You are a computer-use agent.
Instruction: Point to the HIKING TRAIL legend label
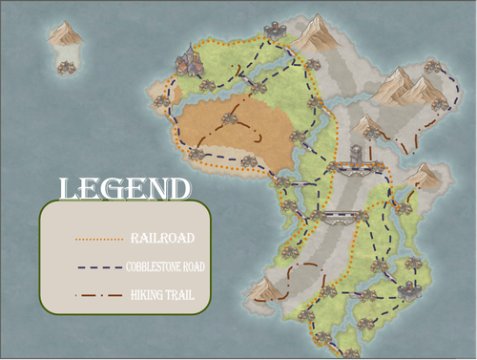158,296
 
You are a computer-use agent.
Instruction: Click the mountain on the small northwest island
65,35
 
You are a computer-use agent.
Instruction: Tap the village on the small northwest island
66,65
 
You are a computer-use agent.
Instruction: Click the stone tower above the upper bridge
356,153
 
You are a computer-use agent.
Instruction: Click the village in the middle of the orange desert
228,118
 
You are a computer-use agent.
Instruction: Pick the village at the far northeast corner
433,67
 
